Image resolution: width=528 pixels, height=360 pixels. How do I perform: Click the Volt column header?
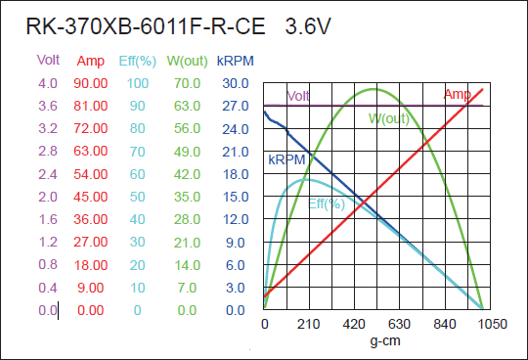point(48,61)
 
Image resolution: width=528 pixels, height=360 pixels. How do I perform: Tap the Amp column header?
point(90,61)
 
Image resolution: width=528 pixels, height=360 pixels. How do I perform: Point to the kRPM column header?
point(236,61)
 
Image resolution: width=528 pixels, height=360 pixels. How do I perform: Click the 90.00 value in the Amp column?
point(90,84)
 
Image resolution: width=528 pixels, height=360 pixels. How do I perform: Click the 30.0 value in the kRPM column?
point(236,84)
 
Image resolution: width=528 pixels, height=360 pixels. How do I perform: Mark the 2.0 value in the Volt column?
point(47,198)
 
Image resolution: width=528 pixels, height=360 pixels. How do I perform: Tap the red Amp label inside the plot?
point(457,94)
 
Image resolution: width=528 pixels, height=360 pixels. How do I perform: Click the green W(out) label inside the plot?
point(388,119)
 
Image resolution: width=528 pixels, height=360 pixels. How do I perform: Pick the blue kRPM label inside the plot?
point(286,158)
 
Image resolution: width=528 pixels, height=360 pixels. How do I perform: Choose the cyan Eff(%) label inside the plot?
point(327,203)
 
